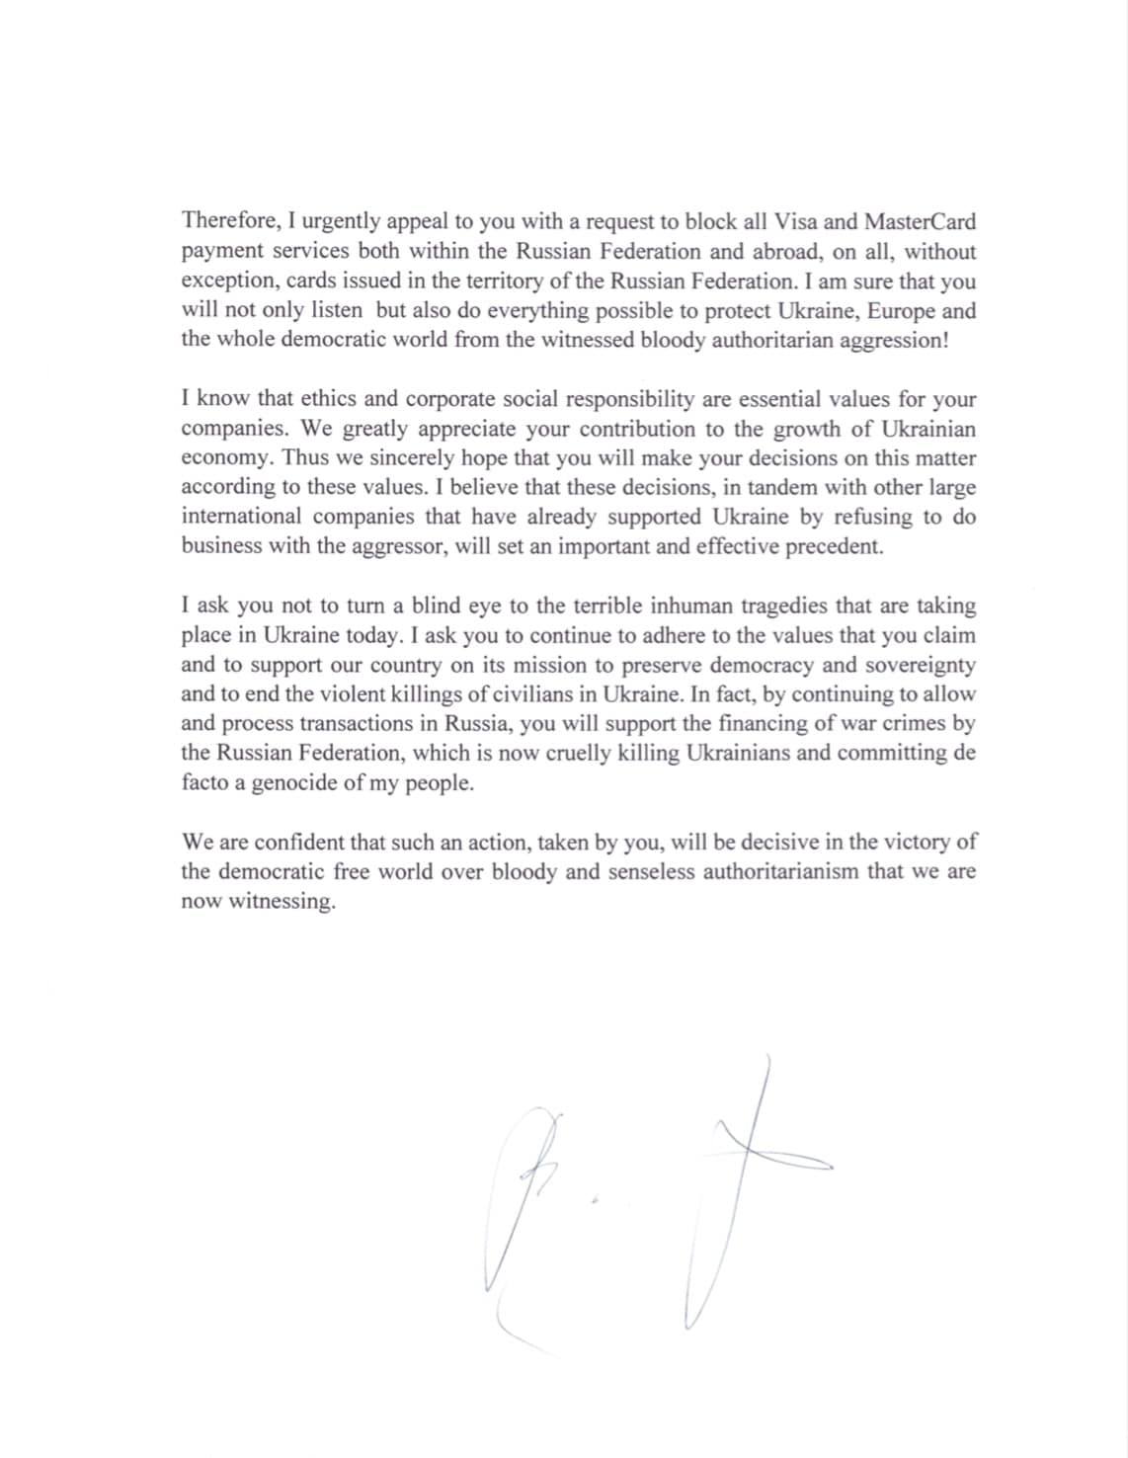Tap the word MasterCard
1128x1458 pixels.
pos(920,221)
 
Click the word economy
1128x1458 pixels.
pos(227,458)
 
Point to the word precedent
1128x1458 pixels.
pos(834,546)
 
